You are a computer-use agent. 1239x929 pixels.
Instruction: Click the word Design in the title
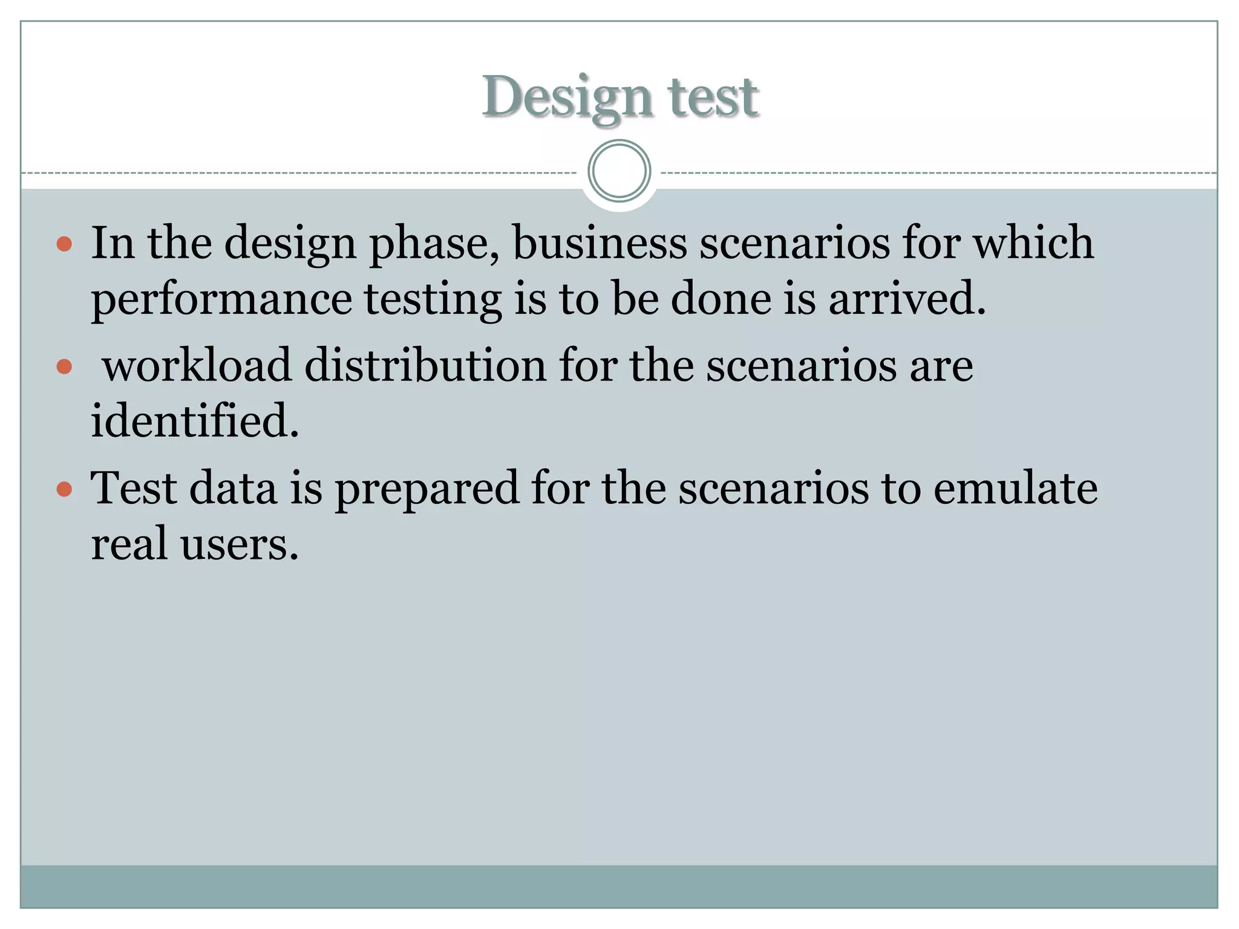coord(567,98)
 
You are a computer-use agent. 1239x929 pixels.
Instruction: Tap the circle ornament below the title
coord(619,171)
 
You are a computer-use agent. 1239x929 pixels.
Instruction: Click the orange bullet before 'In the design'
coord(64,244)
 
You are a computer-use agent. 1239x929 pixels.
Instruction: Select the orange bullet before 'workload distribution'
coord(64,367)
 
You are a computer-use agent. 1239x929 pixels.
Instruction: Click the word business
coord(600,243)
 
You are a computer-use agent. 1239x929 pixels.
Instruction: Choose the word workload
coord(197,366)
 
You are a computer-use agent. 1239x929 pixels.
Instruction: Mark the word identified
coord(195,421)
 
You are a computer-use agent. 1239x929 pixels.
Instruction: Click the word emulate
coord(1015,488)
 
